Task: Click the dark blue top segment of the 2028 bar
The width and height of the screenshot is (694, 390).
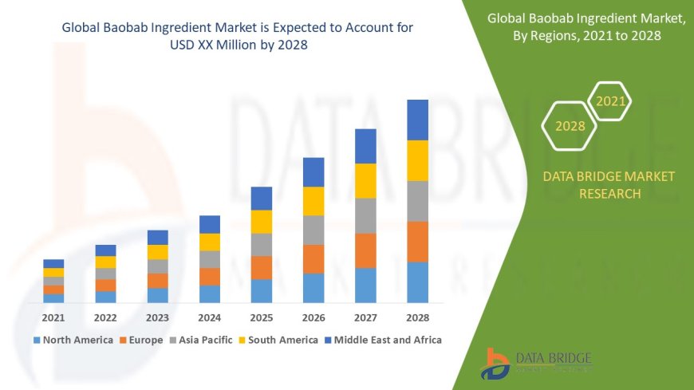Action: coord(417,120)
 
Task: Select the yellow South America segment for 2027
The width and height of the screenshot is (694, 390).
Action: coord(365,180)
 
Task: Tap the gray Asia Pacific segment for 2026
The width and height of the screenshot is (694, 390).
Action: coord(313,230)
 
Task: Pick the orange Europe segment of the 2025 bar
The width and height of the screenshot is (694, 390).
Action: coord(262,267)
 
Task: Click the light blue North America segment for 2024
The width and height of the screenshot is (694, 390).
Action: coord(210,293)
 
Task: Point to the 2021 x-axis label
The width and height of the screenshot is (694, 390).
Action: coord(53,317)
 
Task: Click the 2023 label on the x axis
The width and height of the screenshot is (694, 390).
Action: coord(157,317)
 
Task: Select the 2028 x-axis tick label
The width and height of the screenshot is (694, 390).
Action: coord(417,317)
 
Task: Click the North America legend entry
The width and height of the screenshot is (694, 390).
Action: coord(73,340)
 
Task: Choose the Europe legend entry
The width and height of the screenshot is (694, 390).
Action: coord(144,340)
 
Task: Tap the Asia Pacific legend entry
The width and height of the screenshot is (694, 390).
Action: coord(200,340)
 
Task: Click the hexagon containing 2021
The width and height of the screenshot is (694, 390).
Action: coord(610,101)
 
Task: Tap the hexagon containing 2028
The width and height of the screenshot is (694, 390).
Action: coord(570,126)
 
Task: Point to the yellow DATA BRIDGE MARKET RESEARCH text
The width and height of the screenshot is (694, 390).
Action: coord(608,184)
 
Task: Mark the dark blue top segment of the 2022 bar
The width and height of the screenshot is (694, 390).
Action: coord(105,250)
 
